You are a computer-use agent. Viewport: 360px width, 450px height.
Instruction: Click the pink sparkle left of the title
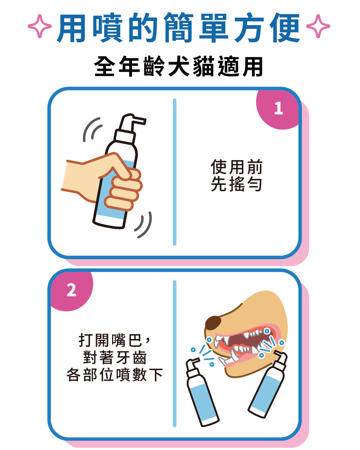[x=40, y=27]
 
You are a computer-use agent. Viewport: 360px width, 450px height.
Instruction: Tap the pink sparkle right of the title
[x=318, y=27]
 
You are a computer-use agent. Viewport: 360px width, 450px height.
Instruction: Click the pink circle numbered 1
[x=278, y=109]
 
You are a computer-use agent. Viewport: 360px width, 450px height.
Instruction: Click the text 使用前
[x=236, y=167]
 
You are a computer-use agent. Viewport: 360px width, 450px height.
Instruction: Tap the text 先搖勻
[x=236, y=184]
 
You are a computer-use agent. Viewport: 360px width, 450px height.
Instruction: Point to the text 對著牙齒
[x=114, y=358]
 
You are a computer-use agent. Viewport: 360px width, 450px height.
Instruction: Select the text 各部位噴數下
[x=114, y=375]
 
